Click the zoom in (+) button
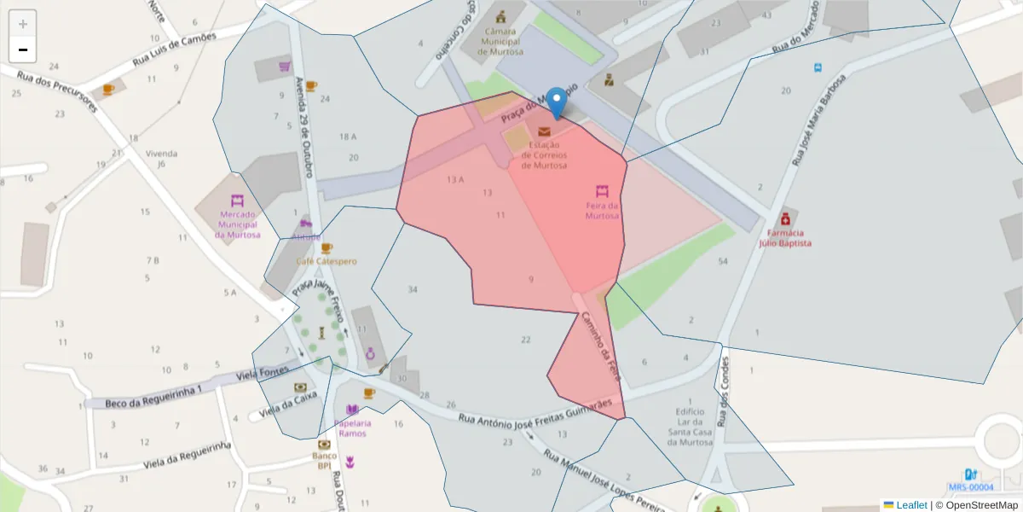[x=23, y=24]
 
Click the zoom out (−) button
[x=23, y=49]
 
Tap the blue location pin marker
[x=556, y=102]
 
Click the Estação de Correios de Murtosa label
[x=544, y=155]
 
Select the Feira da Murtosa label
[x=602, y=210]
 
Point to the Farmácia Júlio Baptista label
[x=785, y=237]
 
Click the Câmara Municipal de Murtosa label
[x=500, y=40]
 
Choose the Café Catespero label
[x=327, y=261]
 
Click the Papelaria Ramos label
[x=352, y=428]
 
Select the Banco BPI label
[x=323, y=460]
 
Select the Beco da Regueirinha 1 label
[x=153, y=396]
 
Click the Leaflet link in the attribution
[x=911, y=505]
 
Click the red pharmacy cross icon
[x=785, y=218]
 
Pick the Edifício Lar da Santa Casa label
[x=689, y=421]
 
